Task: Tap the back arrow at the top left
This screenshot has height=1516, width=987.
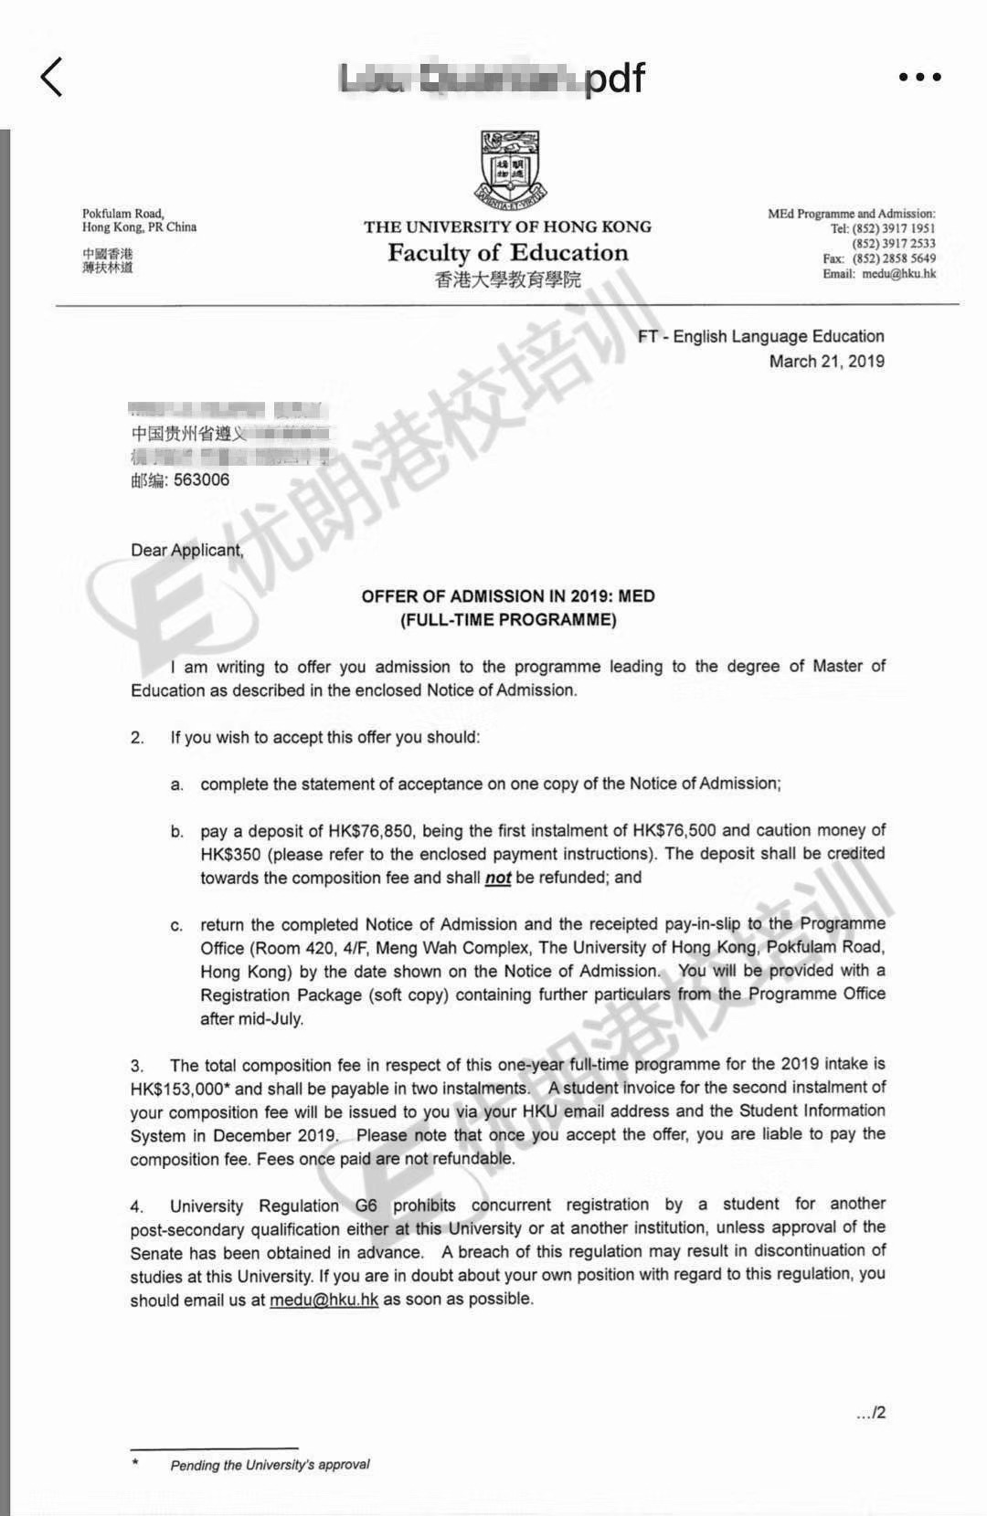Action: click(x=52, y=77)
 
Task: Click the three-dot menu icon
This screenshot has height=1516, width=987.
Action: click(x=918, y=77)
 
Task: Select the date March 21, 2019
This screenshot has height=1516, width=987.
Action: click(x=826, y=361)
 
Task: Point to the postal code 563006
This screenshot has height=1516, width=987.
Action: click(x=201, y=480)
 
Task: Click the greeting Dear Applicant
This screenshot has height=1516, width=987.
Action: click(x=187, y=550)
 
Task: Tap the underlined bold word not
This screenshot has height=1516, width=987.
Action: click(x=498, y=878)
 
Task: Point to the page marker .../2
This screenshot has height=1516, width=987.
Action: click(x=870, y=1413)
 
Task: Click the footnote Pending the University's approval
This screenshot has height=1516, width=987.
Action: click(x=270, y=1465)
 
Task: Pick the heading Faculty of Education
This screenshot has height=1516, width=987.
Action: click(x=507, y=253)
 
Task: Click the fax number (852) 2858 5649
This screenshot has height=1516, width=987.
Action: click(x=894, y=258)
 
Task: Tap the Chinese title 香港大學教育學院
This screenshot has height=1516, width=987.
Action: click(x=507, y=279)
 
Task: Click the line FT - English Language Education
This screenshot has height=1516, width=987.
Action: click(x=760, y=336)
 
